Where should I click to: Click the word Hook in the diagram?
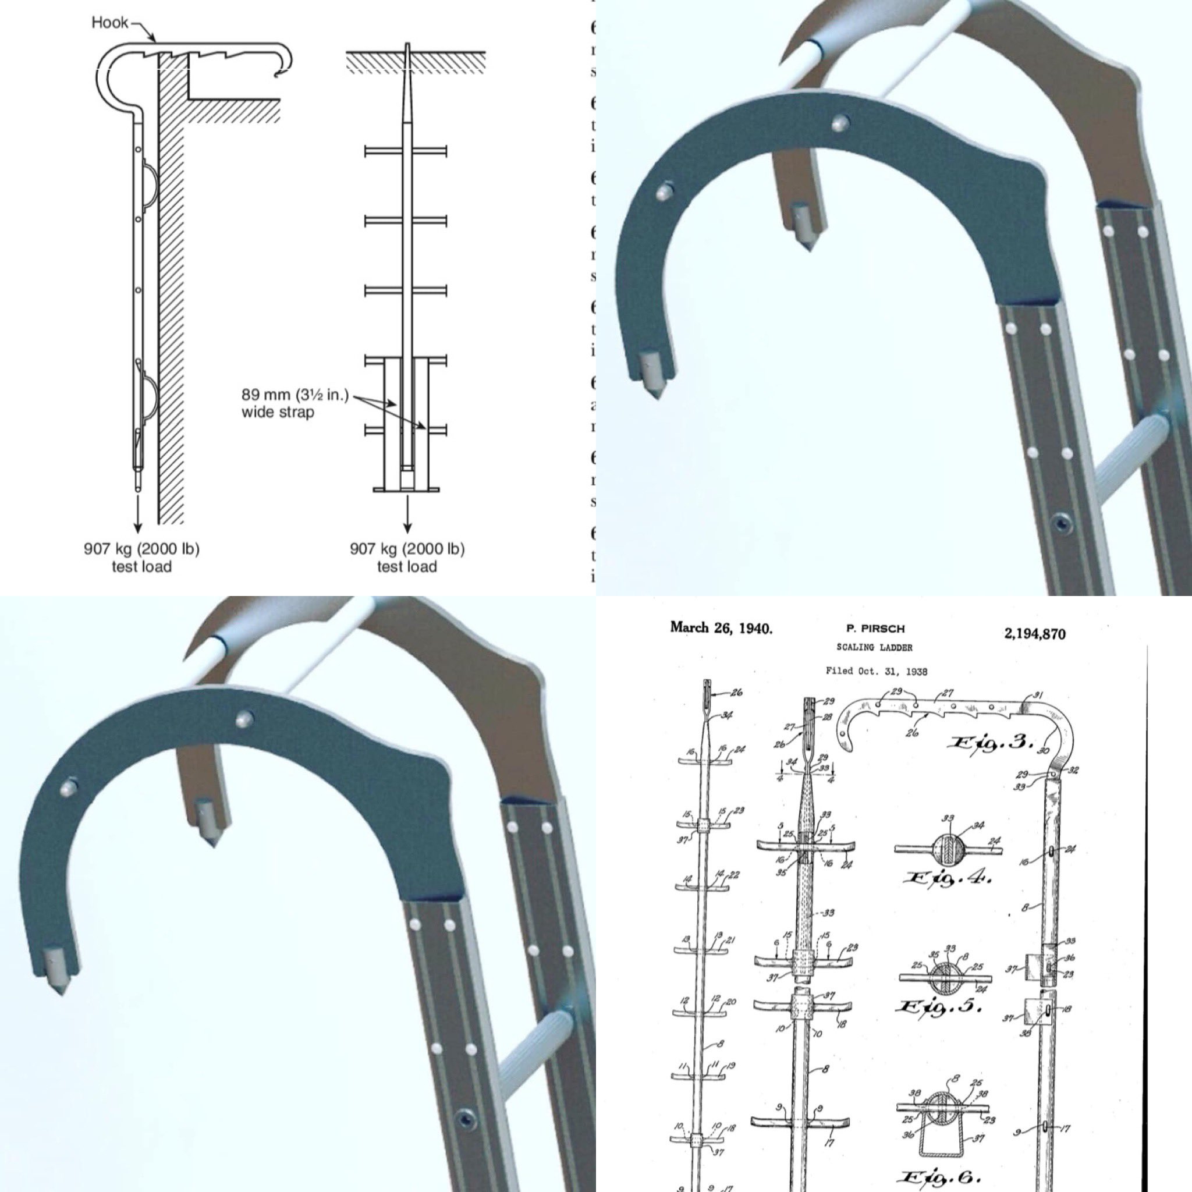110,23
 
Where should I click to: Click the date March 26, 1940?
721,628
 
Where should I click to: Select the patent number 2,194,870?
1035,634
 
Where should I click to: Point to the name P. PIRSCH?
875,629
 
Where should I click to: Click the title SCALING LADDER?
874,647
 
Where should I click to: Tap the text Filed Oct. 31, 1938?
876,670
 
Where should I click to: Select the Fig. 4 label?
947,878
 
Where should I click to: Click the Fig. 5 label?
938,1006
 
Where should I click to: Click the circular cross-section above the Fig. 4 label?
948,850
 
